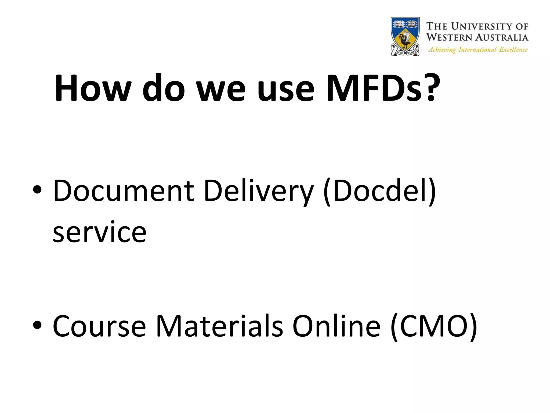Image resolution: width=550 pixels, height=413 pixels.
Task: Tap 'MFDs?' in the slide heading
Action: pyautogui.click(x=383, y=88)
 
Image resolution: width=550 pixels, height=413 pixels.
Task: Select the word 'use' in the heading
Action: pyautogui.click(x=285, y=90)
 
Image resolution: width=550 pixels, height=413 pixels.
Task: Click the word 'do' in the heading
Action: pyautogui.click(x=164, y=88)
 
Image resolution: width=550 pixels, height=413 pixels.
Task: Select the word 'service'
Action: pyautogui.click(x=100, y=232)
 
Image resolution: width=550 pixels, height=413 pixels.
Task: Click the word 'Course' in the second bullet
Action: pyautogui.click(x=99, y=326)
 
